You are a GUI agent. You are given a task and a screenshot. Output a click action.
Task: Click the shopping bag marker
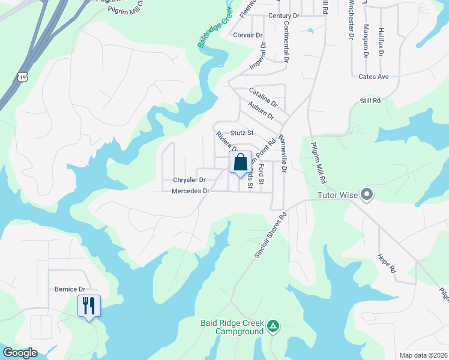240,163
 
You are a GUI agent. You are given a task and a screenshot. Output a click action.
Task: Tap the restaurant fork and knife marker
89,306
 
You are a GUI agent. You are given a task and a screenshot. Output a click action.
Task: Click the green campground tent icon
273,325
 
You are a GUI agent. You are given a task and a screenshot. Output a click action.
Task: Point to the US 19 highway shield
22,76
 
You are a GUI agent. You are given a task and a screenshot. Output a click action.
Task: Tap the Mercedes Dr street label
190,191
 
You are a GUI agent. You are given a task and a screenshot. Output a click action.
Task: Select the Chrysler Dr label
189,180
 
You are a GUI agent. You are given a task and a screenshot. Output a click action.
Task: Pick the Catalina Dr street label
263,96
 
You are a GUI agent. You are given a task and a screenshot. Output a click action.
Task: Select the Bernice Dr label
67,289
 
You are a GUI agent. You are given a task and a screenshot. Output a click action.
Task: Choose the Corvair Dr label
248,35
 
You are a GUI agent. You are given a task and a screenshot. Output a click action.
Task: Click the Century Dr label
284,16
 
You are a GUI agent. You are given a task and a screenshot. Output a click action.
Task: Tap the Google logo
20,353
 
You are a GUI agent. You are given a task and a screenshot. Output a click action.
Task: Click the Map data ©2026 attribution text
423,355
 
